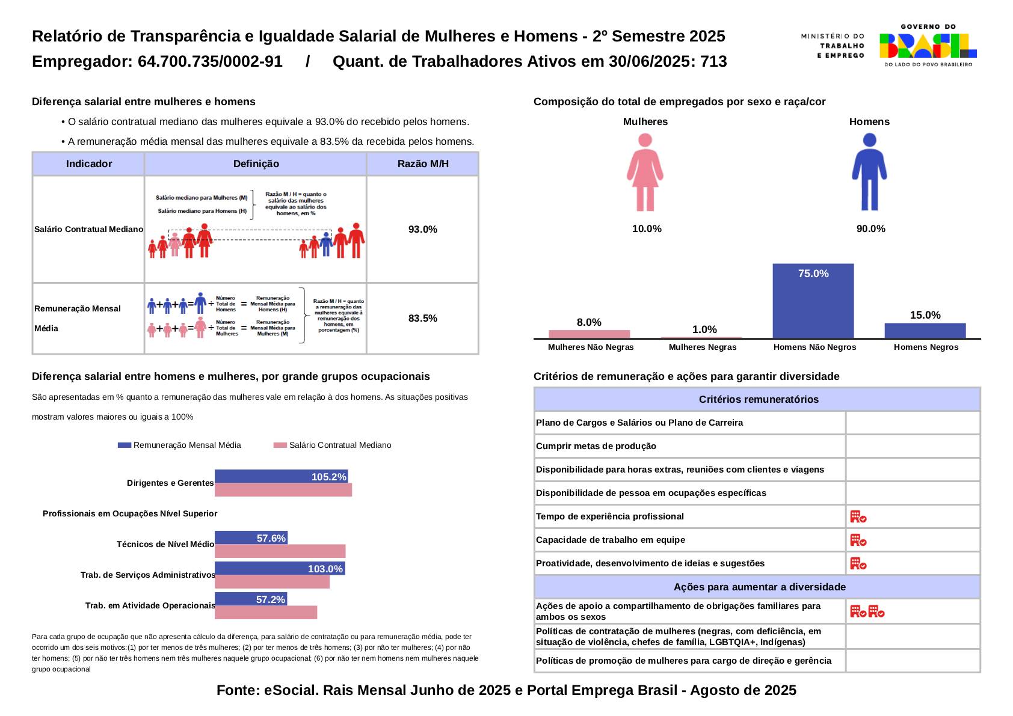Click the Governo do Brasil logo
pos(928,46)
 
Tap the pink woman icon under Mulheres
pos(645,173)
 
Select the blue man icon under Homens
pos(869,173)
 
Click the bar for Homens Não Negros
pos(813,301)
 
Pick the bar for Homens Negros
pos(925,331)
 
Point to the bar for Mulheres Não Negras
pos(589,334)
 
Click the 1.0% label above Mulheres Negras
pos(704,329)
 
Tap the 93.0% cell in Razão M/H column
pos(422,229)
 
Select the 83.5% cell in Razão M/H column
pos(422,318)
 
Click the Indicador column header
pos(88,164)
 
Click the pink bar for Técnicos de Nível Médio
pos(280,551)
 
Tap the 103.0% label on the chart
pos(325,569)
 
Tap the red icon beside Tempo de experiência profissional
pos(858,516)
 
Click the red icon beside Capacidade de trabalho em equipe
pos(858,540)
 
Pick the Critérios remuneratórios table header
pos(757,399)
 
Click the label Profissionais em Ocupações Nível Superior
pos(130,513)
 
